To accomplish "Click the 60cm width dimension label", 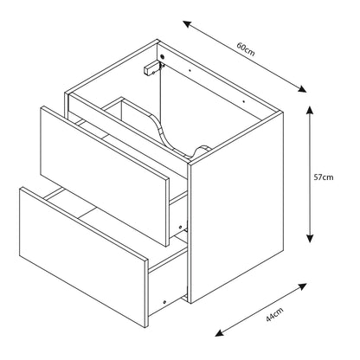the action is pos(246,49).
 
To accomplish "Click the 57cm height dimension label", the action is pos(324,177).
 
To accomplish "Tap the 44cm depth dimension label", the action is pos(274,314).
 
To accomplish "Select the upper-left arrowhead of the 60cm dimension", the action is pos(188,24).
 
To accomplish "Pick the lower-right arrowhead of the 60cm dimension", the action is pos(302,89).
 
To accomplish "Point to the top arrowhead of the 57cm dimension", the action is pos(310,110).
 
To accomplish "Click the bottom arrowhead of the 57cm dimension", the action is pos(310,238).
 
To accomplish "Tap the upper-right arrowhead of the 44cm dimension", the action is pos(302,286).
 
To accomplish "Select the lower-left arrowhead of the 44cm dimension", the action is pos(220,332).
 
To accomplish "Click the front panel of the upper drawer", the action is pos(104,176).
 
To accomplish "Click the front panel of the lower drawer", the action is pos(84,257).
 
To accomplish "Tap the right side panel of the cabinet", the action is pos(236,207).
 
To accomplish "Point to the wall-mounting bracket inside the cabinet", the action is pos(152,68).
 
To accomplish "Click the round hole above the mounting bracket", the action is pos(162,57).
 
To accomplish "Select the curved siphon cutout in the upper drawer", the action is pos(179,135).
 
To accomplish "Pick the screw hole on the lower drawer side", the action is pos(164,302).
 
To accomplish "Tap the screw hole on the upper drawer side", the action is pos(181,227).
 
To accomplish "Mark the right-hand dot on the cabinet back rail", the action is pos(244,101).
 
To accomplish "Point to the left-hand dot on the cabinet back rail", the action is pos(190,69).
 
